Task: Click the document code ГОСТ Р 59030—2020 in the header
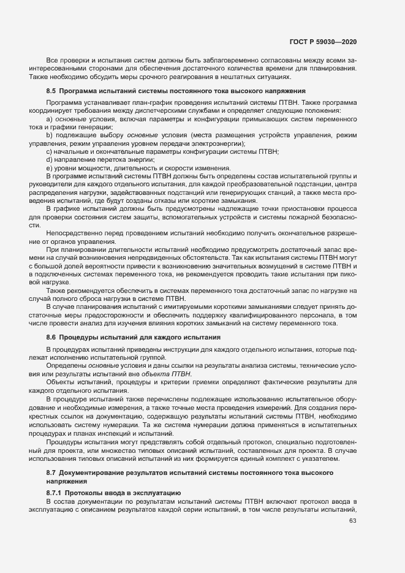click(324, 41)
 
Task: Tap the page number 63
click(352, 522)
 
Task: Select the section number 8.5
click(51, 91)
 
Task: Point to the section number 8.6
click(51, 337)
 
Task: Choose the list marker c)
click(48, 151)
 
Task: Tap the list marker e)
click(48, 168)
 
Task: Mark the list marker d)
click(48, 159)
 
